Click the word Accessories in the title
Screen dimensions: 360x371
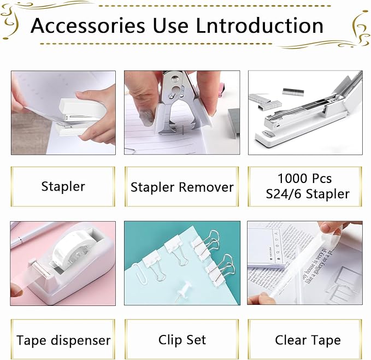click(x=87, y=26)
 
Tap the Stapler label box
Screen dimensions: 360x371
click(x=63, y=186)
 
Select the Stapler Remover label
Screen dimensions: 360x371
click(x=182, y=187)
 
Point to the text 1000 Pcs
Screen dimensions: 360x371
click(x=304, y=179)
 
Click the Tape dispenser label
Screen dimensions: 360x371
click(x=63, y=340)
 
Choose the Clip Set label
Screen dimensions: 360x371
click(x=182, y=340)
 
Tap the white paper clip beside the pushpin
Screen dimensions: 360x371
click(x=139, y=273)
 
